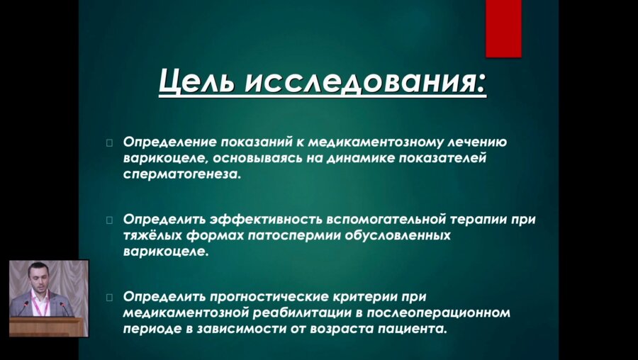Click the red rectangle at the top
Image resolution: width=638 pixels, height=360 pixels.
click(503, 28)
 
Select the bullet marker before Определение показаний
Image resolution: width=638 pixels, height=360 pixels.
click(109, 142)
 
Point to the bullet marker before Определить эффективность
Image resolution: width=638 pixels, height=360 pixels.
click(109, 220)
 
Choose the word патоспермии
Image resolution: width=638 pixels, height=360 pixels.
click(284, 236)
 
